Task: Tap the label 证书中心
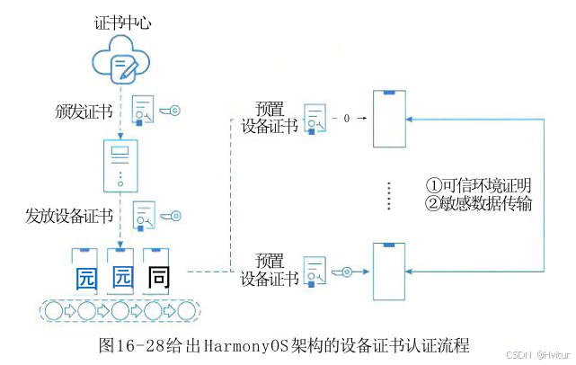click(x=120, y=22)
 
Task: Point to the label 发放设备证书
click(x=69, y=216)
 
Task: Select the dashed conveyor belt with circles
click(x=120, y=311)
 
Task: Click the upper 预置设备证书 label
click(x=270, y=118)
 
